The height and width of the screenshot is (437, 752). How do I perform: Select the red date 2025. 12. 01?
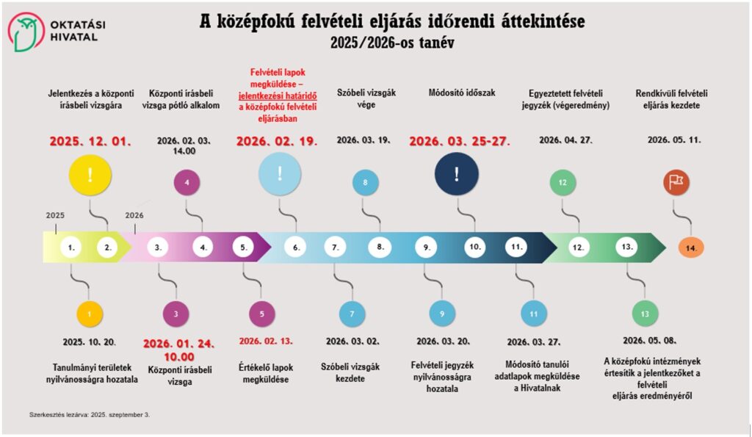click(x=90, y=141)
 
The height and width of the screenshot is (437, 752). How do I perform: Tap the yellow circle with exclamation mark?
click(x=90, y=175)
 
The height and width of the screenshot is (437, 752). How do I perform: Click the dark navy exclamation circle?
click(x=456, y=174)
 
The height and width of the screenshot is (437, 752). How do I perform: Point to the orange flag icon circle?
click(x=676, y=181)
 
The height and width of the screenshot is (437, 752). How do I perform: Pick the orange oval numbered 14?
click(x=691, y=248)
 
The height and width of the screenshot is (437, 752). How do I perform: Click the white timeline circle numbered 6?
click(x=296, y=248)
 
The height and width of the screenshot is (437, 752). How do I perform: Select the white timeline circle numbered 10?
click(x=475, y=248)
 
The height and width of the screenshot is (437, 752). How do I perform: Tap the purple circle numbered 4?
click(x=187, y=182)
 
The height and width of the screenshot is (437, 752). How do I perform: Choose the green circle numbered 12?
click(x=563, y=182)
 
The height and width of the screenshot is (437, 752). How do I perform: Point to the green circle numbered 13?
click(x=645, y=314)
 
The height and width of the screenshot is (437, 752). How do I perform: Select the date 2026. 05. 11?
click(x=674, y=140)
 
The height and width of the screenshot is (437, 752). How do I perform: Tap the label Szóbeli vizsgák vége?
click(x=366, y=98)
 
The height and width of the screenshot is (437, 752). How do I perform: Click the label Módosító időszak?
click(x=462, y=93)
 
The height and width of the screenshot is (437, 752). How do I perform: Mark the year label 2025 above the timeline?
click(x=55, y=216)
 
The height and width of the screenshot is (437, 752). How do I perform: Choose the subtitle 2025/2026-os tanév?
click(x=393, y=43)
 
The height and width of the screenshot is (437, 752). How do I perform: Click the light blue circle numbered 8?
click(x=365, y=182)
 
